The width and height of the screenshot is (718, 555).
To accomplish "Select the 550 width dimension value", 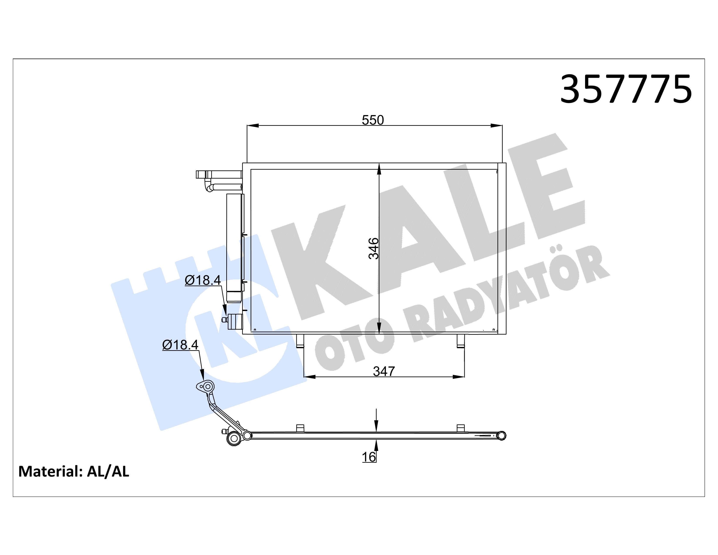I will (372, 120).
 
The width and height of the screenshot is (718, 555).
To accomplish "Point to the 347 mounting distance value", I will (383, 372).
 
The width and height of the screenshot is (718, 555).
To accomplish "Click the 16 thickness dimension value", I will (369, 457).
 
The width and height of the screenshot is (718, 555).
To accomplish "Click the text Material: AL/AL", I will (74, 471).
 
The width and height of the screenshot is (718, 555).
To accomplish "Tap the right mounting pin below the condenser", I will (461, 341).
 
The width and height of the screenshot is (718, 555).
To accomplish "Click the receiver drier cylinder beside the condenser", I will (235, 243).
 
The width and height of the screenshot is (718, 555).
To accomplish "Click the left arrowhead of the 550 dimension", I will (252, 126).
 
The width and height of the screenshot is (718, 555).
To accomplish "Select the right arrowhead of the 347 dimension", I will (459, 377).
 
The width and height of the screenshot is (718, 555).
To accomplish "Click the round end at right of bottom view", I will (501, 436).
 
